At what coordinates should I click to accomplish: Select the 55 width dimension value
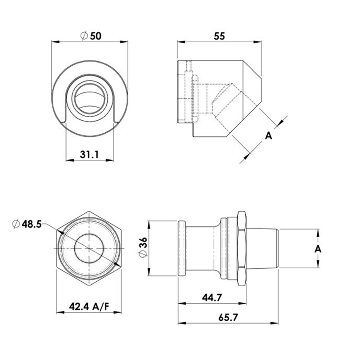tap(219, 36)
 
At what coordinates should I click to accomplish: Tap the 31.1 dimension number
tap(90, 154)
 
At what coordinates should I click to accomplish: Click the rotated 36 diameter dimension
tap(143, 248)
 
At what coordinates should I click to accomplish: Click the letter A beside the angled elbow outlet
tap(269, 135)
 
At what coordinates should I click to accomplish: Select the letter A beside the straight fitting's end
tap(318, 249)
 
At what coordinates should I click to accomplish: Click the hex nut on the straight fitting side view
tap(241, 248)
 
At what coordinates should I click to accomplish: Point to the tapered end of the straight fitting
tap(263, 249)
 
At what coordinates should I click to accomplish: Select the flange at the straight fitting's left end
tap(182, 248)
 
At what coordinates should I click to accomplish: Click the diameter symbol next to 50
tap(83, 36)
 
